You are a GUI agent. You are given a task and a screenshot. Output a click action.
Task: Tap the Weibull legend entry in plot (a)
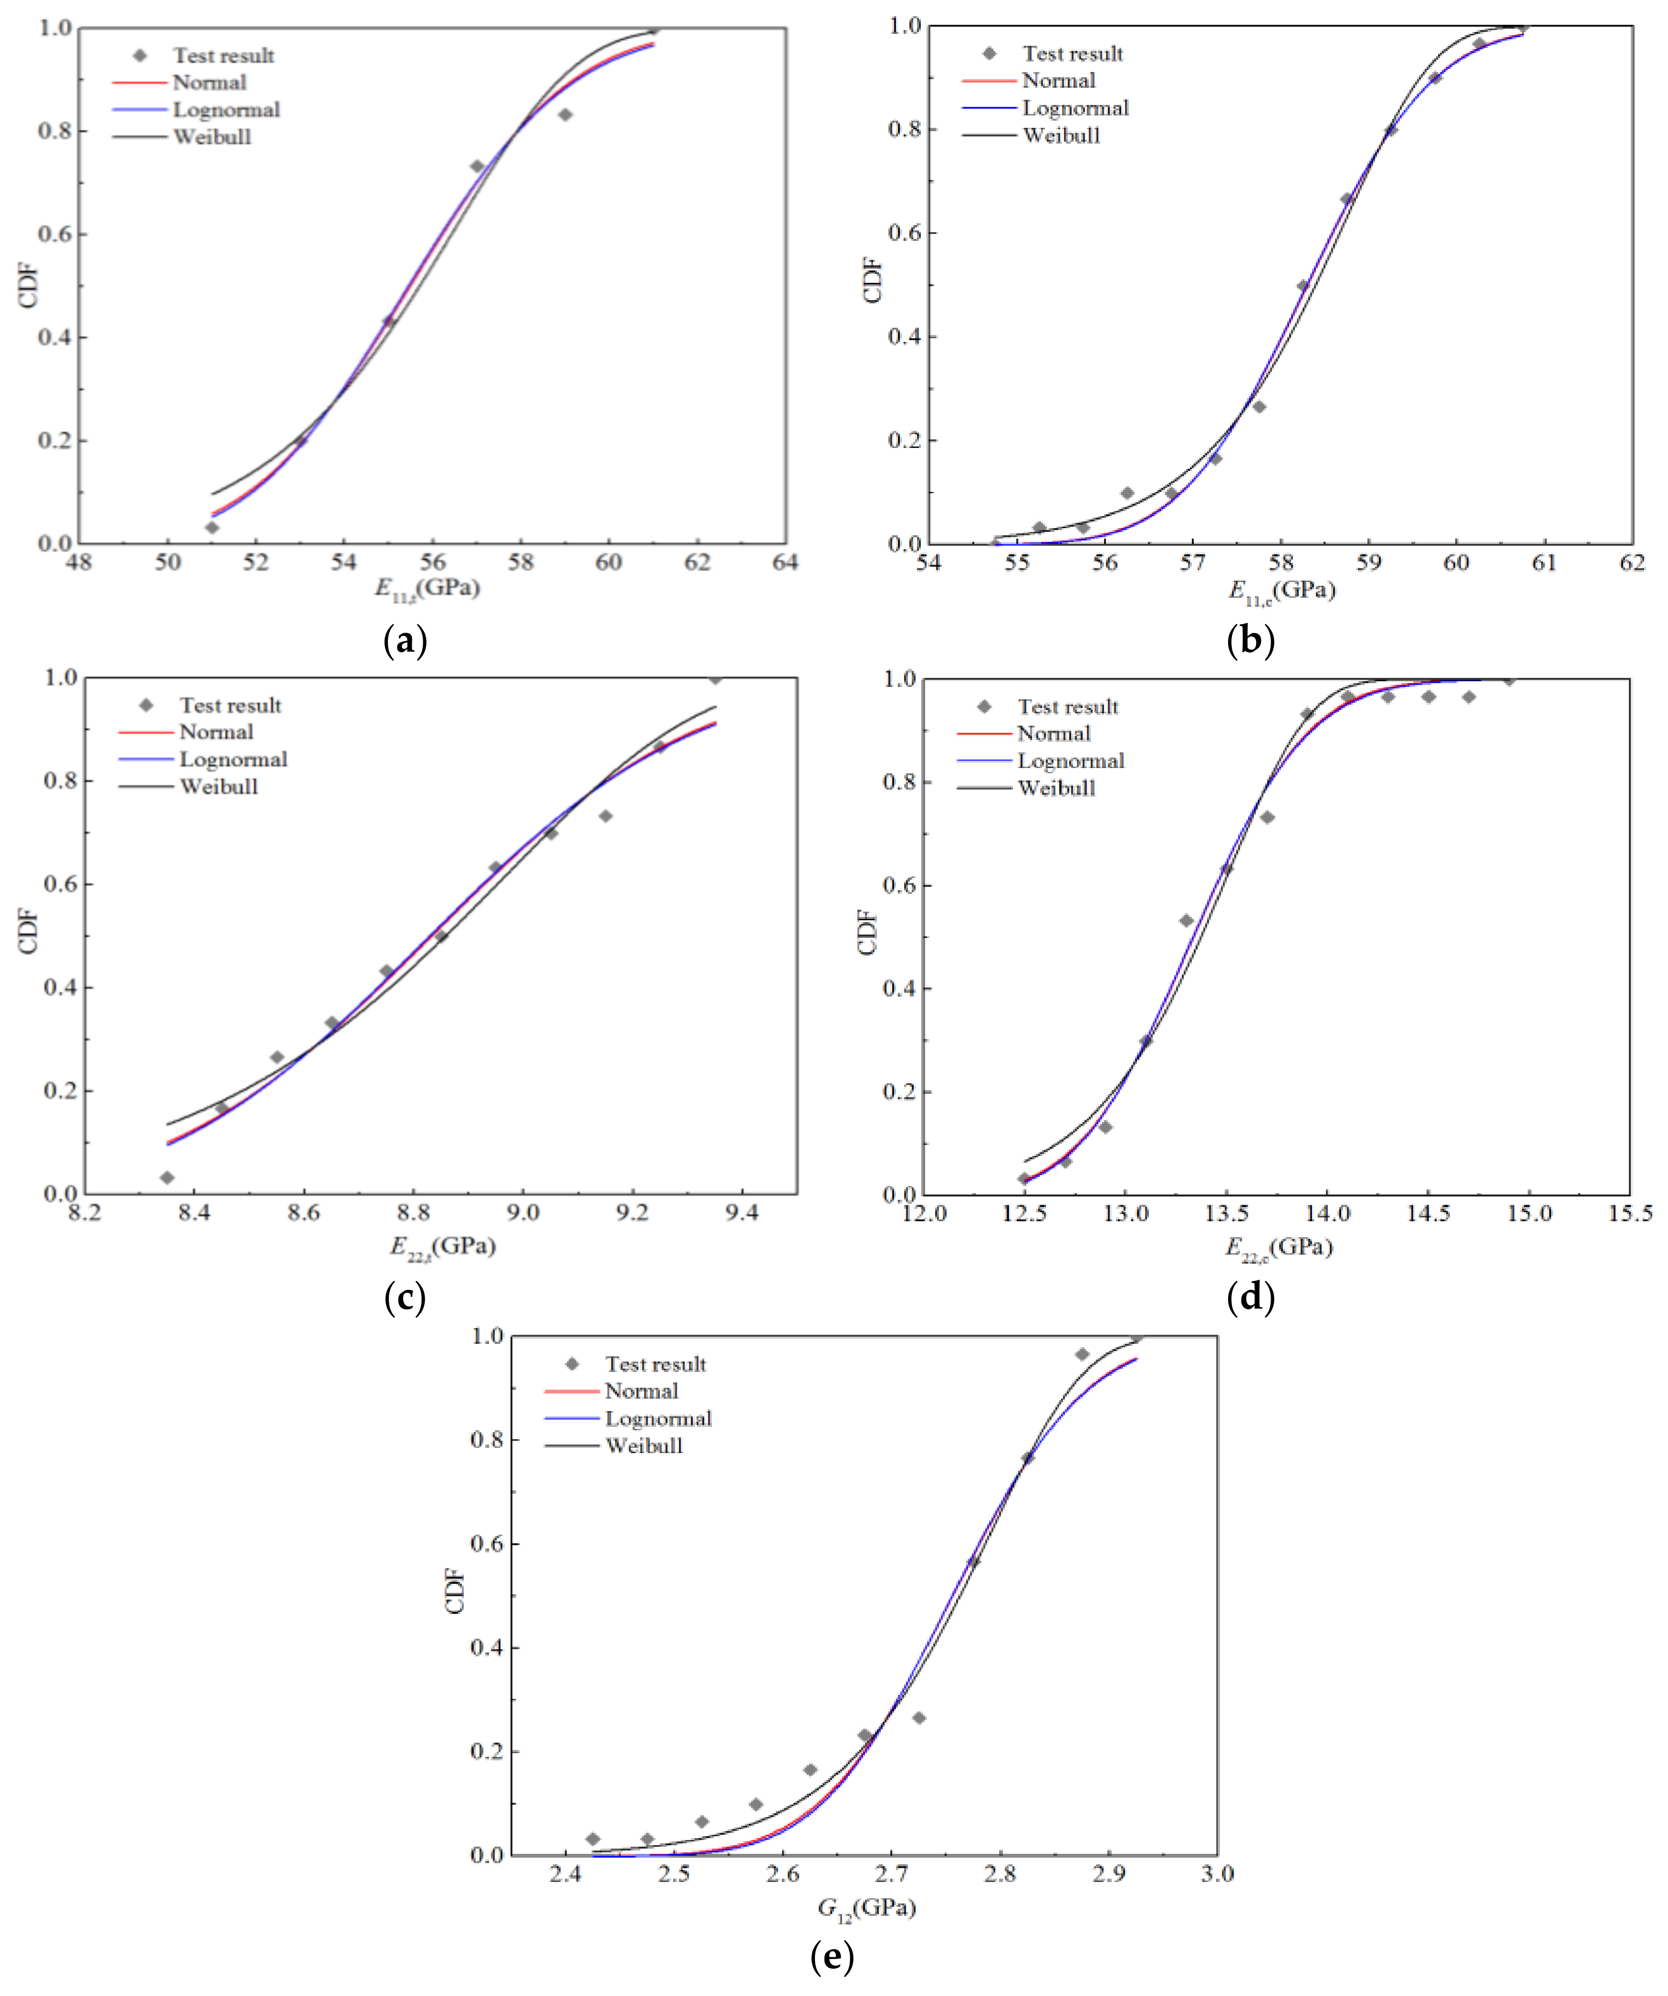[x=211, y=137]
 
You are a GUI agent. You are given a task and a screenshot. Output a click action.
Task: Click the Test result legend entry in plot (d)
[x=1067, y=707]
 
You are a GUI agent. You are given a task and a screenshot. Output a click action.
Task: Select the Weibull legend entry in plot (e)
[x=644, y=1445]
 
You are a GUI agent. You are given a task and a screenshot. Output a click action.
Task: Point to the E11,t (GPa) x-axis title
[x=427, y=588]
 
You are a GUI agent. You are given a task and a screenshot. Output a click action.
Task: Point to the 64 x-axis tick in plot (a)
[x=785, y=562]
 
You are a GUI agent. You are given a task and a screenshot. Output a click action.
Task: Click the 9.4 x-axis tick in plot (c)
[x=741, y=1214]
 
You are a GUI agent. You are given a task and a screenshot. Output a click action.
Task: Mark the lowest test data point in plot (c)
[x=167, y=1178]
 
